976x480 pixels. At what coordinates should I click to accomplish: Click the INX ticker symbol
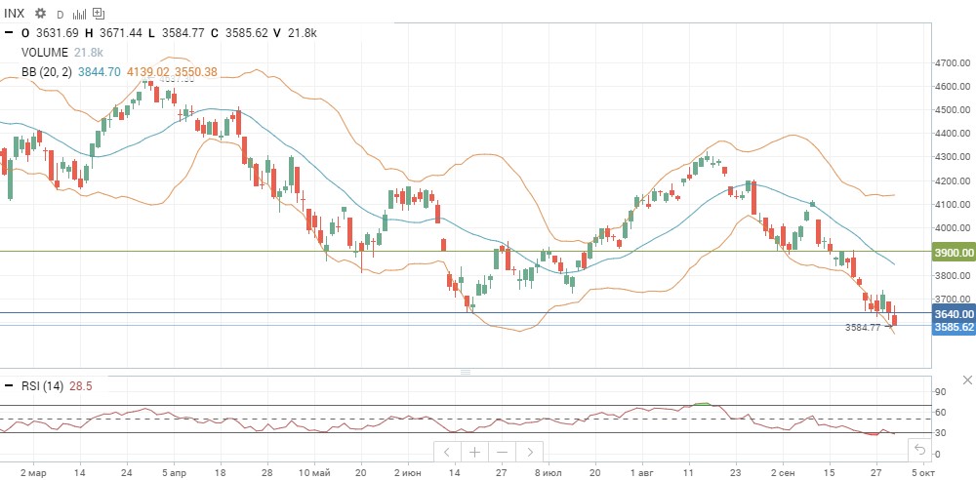tap(16, 14)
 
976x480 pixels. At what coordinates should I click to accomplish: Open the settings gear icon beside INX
tap(40, 14)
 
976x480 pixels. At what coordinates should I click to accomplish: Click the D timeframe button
tap(60, 15)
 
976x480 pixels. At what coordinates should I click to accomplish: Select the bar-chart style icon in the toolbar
tap(80, 15)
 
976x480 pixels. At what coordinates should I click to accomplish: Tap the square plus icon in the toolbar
tap(99, 15)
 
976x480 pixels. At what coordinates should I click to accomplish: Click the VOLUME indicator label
tap(45, 53)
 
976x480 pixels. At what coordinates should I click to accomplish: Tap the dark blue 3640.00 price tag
tap(954, 314)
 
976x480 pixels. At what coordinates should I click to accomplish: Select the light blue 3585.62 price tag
tap(954, 327)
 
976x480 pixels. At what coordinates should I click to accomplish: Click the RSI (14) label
tap(42, 385)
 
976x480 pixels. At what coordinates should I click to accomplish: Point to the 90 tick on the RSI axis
tap(941, 391)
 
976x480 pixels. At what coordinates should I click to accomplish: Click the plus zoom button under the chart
tap(474, 452)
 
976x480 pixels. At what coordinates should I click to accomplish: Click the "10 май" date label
tap(314, 470)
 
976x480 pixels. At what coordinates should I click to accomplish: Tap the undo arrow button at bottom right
tap(918, 450)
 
